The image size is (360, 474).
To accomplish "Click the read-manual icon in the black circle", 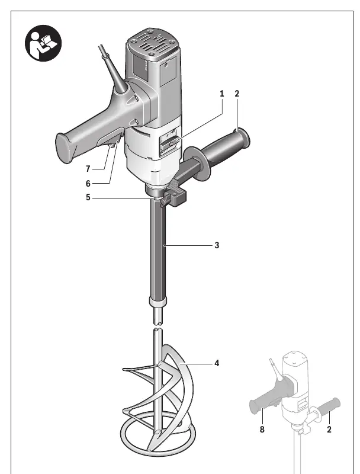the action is pos(43,43).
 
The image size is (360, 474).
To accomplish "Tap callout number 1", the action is pos(222,94).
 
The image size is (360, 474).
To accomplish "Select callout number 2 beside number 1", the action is pos(237,94).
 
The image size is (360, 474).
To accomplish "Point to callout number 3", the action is pos(217,245).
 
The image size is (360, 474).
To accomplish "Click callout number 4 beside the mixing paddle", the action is pos(217,363).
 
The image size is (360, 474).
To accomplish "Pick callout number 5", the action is pos(88,197).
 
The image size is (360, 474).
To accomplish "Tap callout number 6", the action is pos(88,184).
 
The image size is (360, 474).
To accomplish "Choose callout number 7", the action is pos(88,169).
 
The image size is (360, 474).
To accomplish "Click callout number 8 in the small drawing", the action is pos(262,429).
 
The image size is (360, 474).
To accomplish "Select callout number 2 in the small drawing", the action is pos(329,429).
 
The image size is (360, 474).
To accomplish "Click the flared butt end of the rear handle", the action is pos(65,148).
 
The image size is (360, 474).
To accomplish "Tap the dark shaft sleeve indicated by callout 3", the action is pos(158,251).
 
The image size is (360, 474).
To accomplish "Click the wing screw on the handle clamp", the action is pos(166,200).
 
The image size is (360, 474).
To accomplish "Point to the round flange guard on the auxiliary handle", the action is pos(197,163).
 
